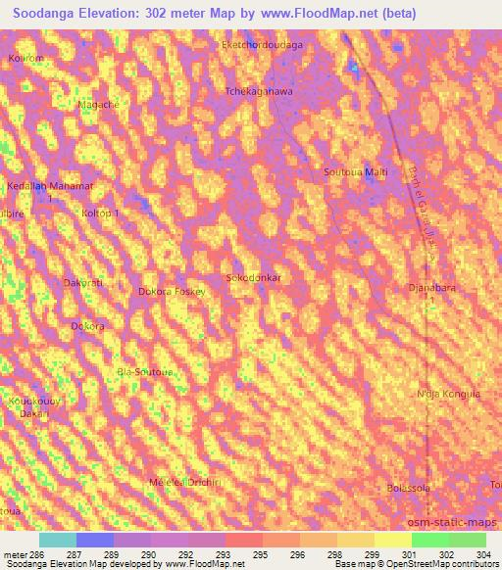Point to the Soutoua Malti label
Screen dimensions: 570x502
point(355,172)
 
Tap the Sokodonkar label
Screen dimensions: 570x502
point(254,278)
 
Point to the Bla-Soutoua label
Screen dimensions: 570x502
point(144,372)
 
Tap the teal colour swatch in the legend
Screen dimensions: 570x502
point(58,540)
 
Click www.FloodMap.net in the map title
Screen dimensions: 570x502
point(303,14)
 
